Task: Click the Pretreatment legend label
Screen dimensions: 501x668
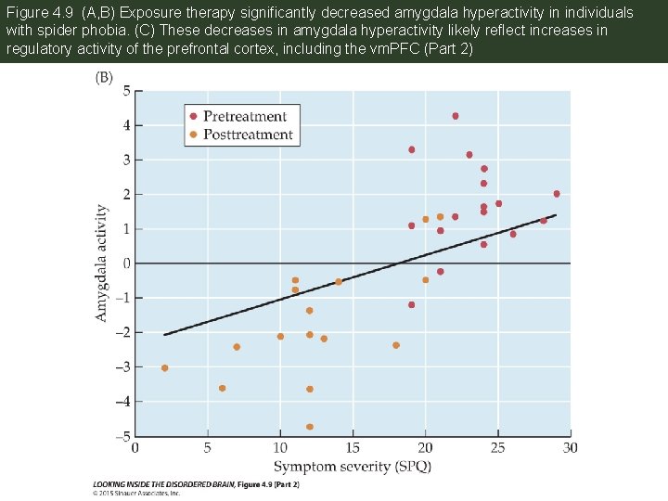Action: click(244, 116)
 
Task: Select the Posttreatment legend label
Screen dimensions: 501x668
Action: click(248, 135)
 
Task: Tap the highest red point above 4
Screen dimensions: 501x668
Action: click(455, 116)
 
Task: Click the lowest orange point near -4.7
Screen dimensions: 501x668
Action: click(309, 427)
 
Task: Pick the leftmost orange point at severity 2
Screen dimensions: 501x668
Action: click(164, 368)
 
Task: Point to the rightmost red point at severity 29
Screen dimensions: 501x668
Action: click(556, 194)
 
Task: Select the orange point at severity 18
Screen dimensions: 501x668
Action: click(396, 345)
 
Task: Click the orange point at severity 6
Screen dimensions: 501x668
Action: click(222, 388)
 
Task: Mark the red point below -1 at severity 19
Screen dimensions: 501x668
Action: click(411, 304)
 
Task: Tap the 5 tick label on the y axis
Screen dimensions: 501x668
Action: click(126, 91)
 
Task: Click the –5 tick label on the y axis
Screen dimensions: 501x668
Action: click(122, 435)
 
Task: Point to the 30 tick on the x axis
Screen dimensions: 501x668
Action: click(570, 448)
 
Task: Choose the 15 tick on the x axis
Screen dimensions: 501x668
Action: click(353, 448)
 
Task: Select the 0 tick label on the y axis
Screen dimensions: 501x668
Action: click(126, 263)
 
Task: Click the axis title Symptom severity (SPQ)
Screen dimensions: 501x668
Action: click(352, 465)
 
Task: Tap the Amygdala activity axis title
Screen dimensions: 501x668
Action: click(102, 263)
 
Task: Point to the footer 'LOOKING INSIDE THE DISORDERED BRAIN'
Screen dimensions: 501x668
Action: click(163, 484)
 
